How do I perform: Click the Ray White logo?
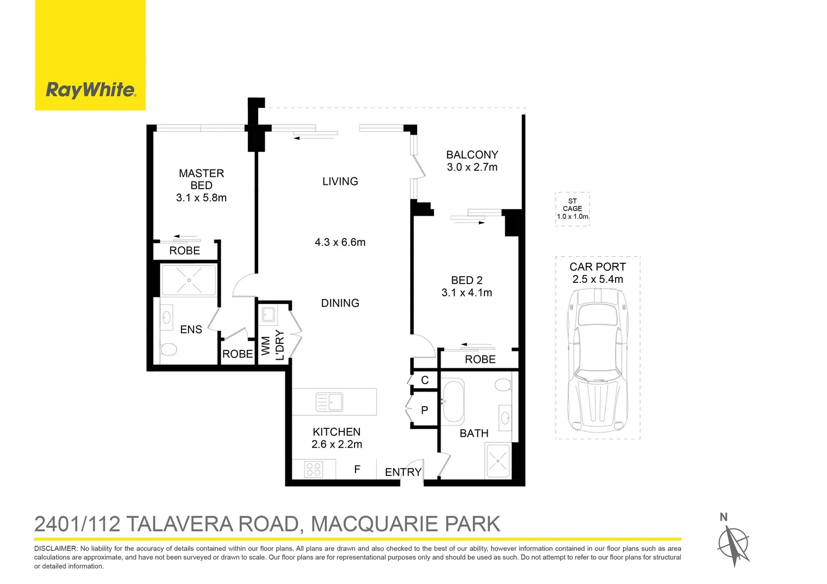90,90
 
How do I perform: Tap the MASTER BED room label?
201,179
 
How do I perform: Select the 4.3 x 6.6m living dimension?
340,242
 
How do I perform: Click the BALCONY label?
472,155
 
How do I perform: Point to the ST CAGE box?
572,209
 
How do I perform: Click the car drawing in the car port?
598,359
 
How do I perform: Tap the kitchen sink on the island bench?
329,402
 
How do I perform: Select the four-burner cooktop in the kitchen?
314,469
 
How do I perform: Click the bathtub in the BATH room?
454,401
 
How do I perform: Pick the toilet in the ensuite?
168,350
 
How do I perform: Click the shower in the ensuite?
189,280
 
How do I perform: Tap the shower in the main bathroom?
497,461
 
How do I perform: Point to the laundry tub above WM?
268,314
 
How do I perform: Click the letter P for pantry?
424,410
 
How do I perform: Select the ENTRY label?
403,472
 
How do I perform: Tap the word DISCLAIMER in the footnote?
56,548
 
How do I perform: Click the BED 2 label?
467,280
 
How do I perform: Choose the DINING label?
340,303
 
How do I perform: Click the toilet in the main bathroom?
503,384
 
